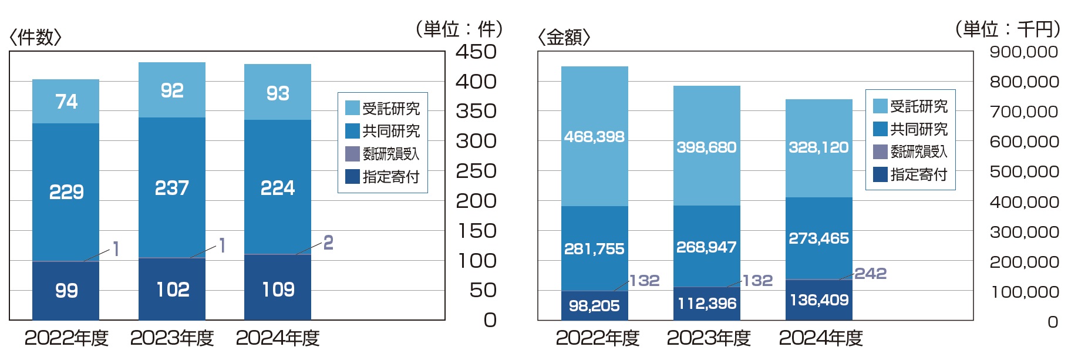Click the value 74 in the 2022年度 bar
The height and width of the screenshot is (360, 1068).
[66, 102]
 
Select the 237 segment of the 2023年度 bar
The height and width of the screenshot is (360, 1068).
[171, 188]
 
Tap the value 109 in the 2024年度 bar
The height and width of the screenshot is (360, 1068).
[278, 289]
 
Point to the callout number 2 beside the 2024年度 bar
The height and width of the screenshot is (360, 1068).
[328, 243]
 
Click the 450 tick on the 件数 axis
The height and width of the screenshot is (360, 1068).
[476, 52]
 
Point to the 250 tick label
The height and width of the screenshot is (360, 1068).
[476, 171]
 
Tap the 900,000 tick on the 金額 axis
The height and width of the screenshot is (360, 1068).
[1023, 52]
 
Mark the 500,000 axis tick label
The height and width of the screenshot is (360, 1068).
[1023, 171]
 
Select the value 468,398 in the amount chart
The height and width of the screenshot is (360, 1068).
[594, 137]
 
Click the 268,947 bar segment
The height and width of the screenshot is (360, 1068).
[706, 247]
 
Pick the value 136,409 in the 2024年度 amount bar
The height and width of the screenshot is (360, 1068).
[818, 300]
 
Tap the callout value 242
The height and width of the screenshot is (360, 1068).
[870, 274]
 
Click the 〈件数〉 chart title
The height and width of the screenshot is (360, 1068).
[35, 38]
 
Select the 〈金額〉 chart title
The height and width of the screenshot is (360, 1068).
[564, 38]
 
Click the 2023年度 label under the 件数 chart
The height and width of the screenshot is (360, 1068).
[171, 338]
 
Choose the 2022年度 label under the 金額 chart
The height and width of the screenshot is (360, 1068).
[597, 338]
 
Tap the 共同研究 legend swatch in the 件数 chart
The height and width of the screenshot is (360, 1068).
[352, 131]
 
